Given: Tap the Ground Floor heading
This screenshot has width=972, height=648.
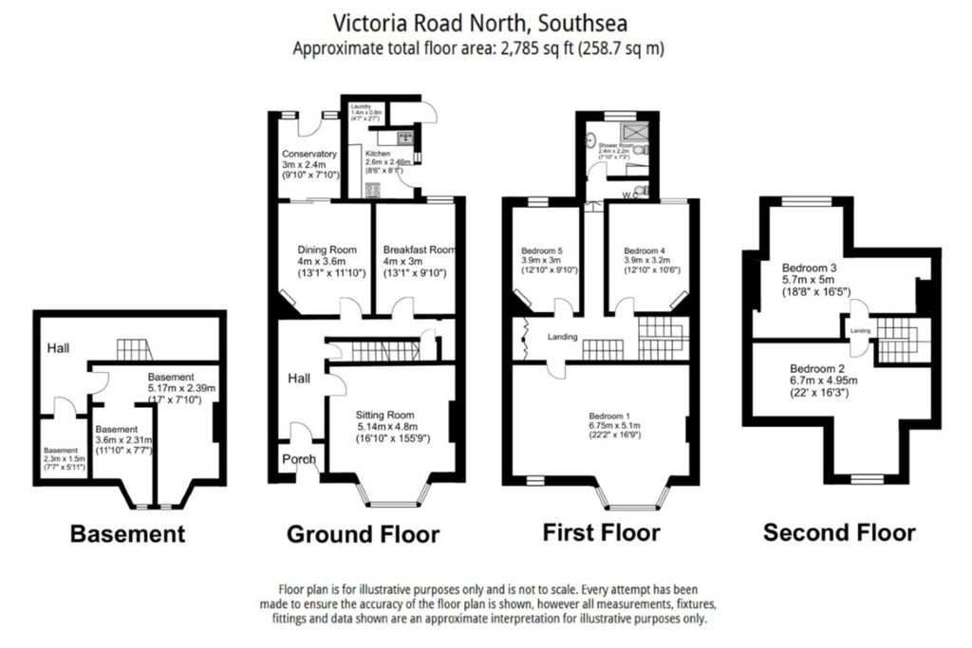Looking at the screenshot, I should pyautogui.click(x=363, y=534).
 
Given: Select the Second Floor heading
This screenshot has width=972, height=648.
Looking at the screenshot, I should pyautogui.click(x=839, y=532).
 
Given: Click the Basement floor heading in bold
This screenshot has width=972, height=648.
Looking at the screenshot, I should pyautogui.click(x=128, y=534).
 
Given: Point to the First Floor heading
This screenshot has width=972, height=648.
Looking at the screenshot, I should pyautogui.click(x=601, y=531).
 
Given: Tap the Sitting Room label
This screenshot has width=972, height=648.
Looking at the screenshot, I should pyautogui.click(x=385, y=415).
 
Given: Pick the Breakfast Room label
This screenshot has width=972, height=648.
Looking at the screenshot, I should pyautogui.click(x=420, y=250).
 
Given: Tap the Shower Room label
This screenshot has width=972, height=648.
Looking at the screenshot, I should pyautogui.click(x=614, y=145).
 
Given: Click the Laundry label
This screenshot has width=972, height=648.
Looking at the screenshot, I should pyautogui.click(x=361, y=107).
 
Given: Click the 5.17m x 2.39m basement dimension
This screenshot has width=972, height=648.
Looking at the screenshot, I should pyautogui.click(x=183, y=388).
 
